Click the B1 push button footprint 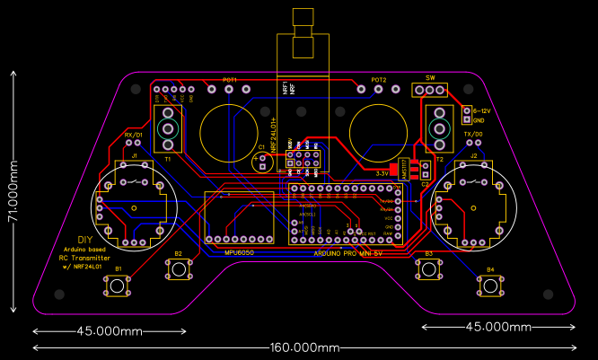(x=118, y=286)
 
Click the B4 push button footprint (x=489, y=286)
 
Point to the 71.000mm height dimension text (x=12, y=192)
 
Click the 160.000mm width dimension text (x=304, y=347)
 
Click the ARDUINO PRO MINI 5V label (x=347, y=253)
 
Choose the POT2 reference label (x=379, y=80)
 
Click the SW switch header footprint (x=429, y=90)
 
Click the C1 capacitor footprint (x=262, y=162)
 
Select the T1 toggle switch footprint (x=168, y=128)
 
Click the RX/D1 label (x=133, y=135)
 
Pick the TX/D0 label (x=473, y=134)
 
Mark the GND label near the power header (x=479, y=120)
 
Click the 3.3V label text (x=382, y=172)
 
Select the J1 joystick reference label (x=135, y=156)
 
